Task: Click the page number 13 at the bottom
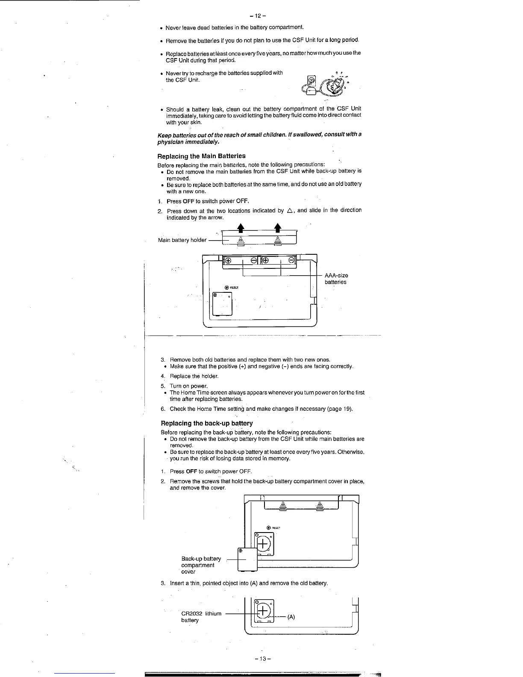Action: tap(261, 658)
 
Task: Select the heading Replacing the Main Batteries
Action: tap(201, 156)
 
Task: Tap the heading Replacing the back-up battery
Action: tap(206, 423)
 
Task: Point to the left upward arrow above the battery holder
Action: tap(241, 227)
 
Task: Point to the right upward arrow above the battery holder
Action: tap(277, 227)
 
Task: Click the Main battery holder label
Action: tap(182, 240)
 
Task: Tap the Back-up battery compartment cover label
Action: tap(201, 565)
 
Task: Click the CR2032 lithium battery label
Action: tap(201, 617)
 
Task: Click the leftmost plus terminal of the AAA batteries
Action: tap(228, 260)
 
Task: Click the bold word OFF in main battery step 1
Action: tap(188, 201)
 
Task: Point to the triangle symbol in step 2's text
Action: tap(289, 210)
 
